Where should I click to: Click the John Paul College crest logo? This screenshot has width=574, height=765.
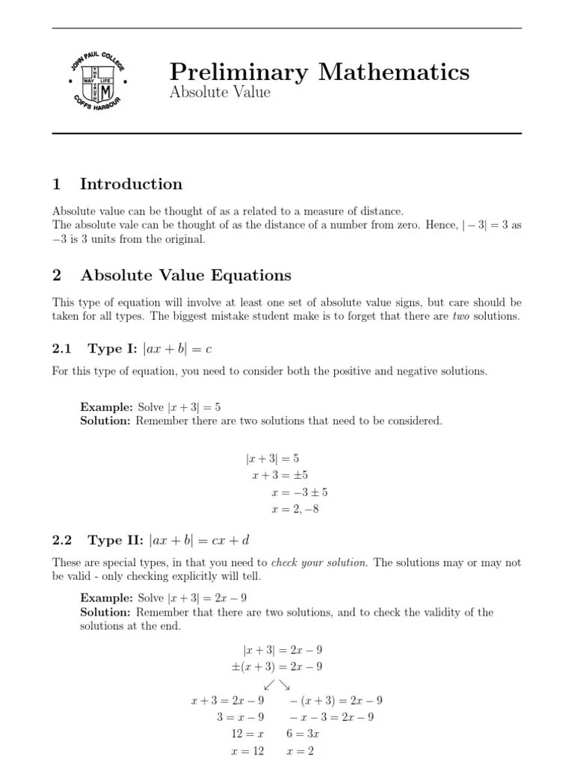pos(95,82)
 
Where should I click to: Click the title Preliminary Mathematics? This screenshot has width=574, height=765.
pos(319,72)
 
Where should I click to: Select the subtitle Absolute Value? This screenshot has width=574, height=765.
pos(219,93)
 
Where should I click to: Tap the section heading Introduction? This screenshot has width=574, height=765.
pos(131,184)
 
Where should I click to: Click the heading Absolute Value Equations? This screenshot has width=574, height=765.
pos(185,275)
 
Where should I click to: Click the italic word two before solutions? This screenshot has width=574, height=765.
pos(463,316)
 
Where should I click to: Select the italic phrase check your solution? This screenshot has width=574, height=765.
pos(319,562)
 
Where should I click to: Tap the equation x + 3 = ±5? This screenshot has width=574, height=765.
pos(289,474)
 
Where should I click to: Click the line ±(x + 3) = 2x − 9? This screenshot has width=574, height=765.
pos(277,666)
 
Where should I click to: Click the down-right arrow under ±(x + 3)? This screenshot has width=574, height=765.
pos(285,684)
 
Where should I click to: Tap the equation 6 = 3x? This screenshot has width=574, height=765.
pos(303,734)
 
